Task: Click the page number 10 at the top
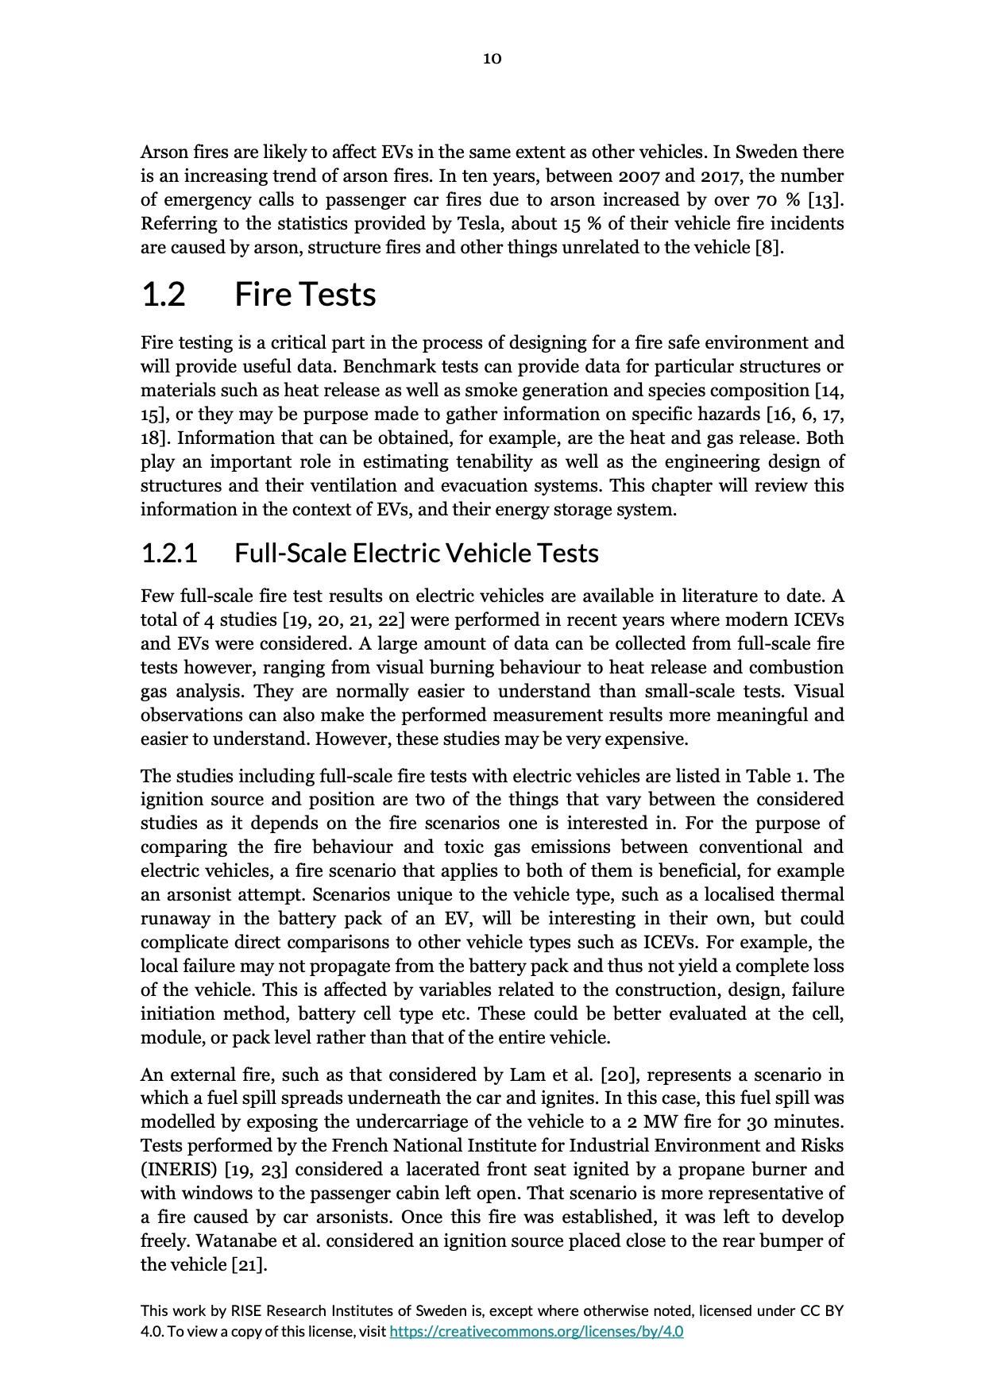point(492,58)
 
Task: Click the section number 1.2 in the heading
point(163,295)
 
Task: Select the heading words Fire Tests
point(305,295)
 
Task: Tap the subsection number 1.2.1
point(168,553)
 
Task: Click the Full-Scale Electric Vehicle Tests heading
point(416,553)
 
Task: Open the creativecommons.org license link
point(536,1331)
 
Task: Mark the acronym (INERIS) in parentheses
point(180,1169)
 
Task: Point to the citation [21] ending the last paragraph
point(249,1264)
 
